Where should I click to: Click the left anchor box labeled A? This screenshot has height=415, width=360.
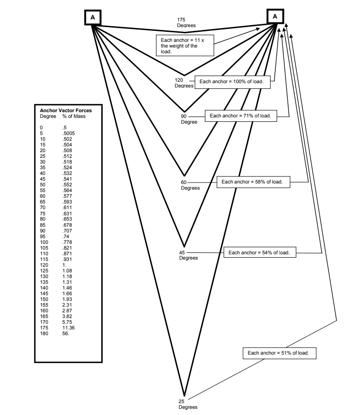coord(93,17)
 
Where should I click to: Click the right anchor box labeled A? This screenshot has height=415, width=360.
coord(275,17)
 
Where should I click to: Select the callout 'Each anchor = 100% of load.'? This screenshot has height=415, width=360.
coord(234,82)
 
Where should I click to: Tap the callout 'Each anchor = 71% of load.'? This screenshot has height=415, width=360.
coord(241,116)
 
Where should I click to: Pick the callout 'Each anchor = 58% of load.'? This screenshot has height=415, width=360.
coord(253,182)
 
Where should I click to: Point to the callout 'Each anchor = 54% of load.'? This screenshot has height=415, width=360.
coord(260,252)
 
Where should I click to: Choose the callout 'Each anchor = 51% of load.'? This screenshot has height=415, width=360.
coord(279,353)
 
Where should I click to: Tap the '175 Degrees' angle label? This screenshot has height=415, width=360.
coord(183,22)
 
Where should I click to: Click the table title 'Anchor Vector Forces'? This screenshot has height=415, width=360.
coord(66,110)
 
